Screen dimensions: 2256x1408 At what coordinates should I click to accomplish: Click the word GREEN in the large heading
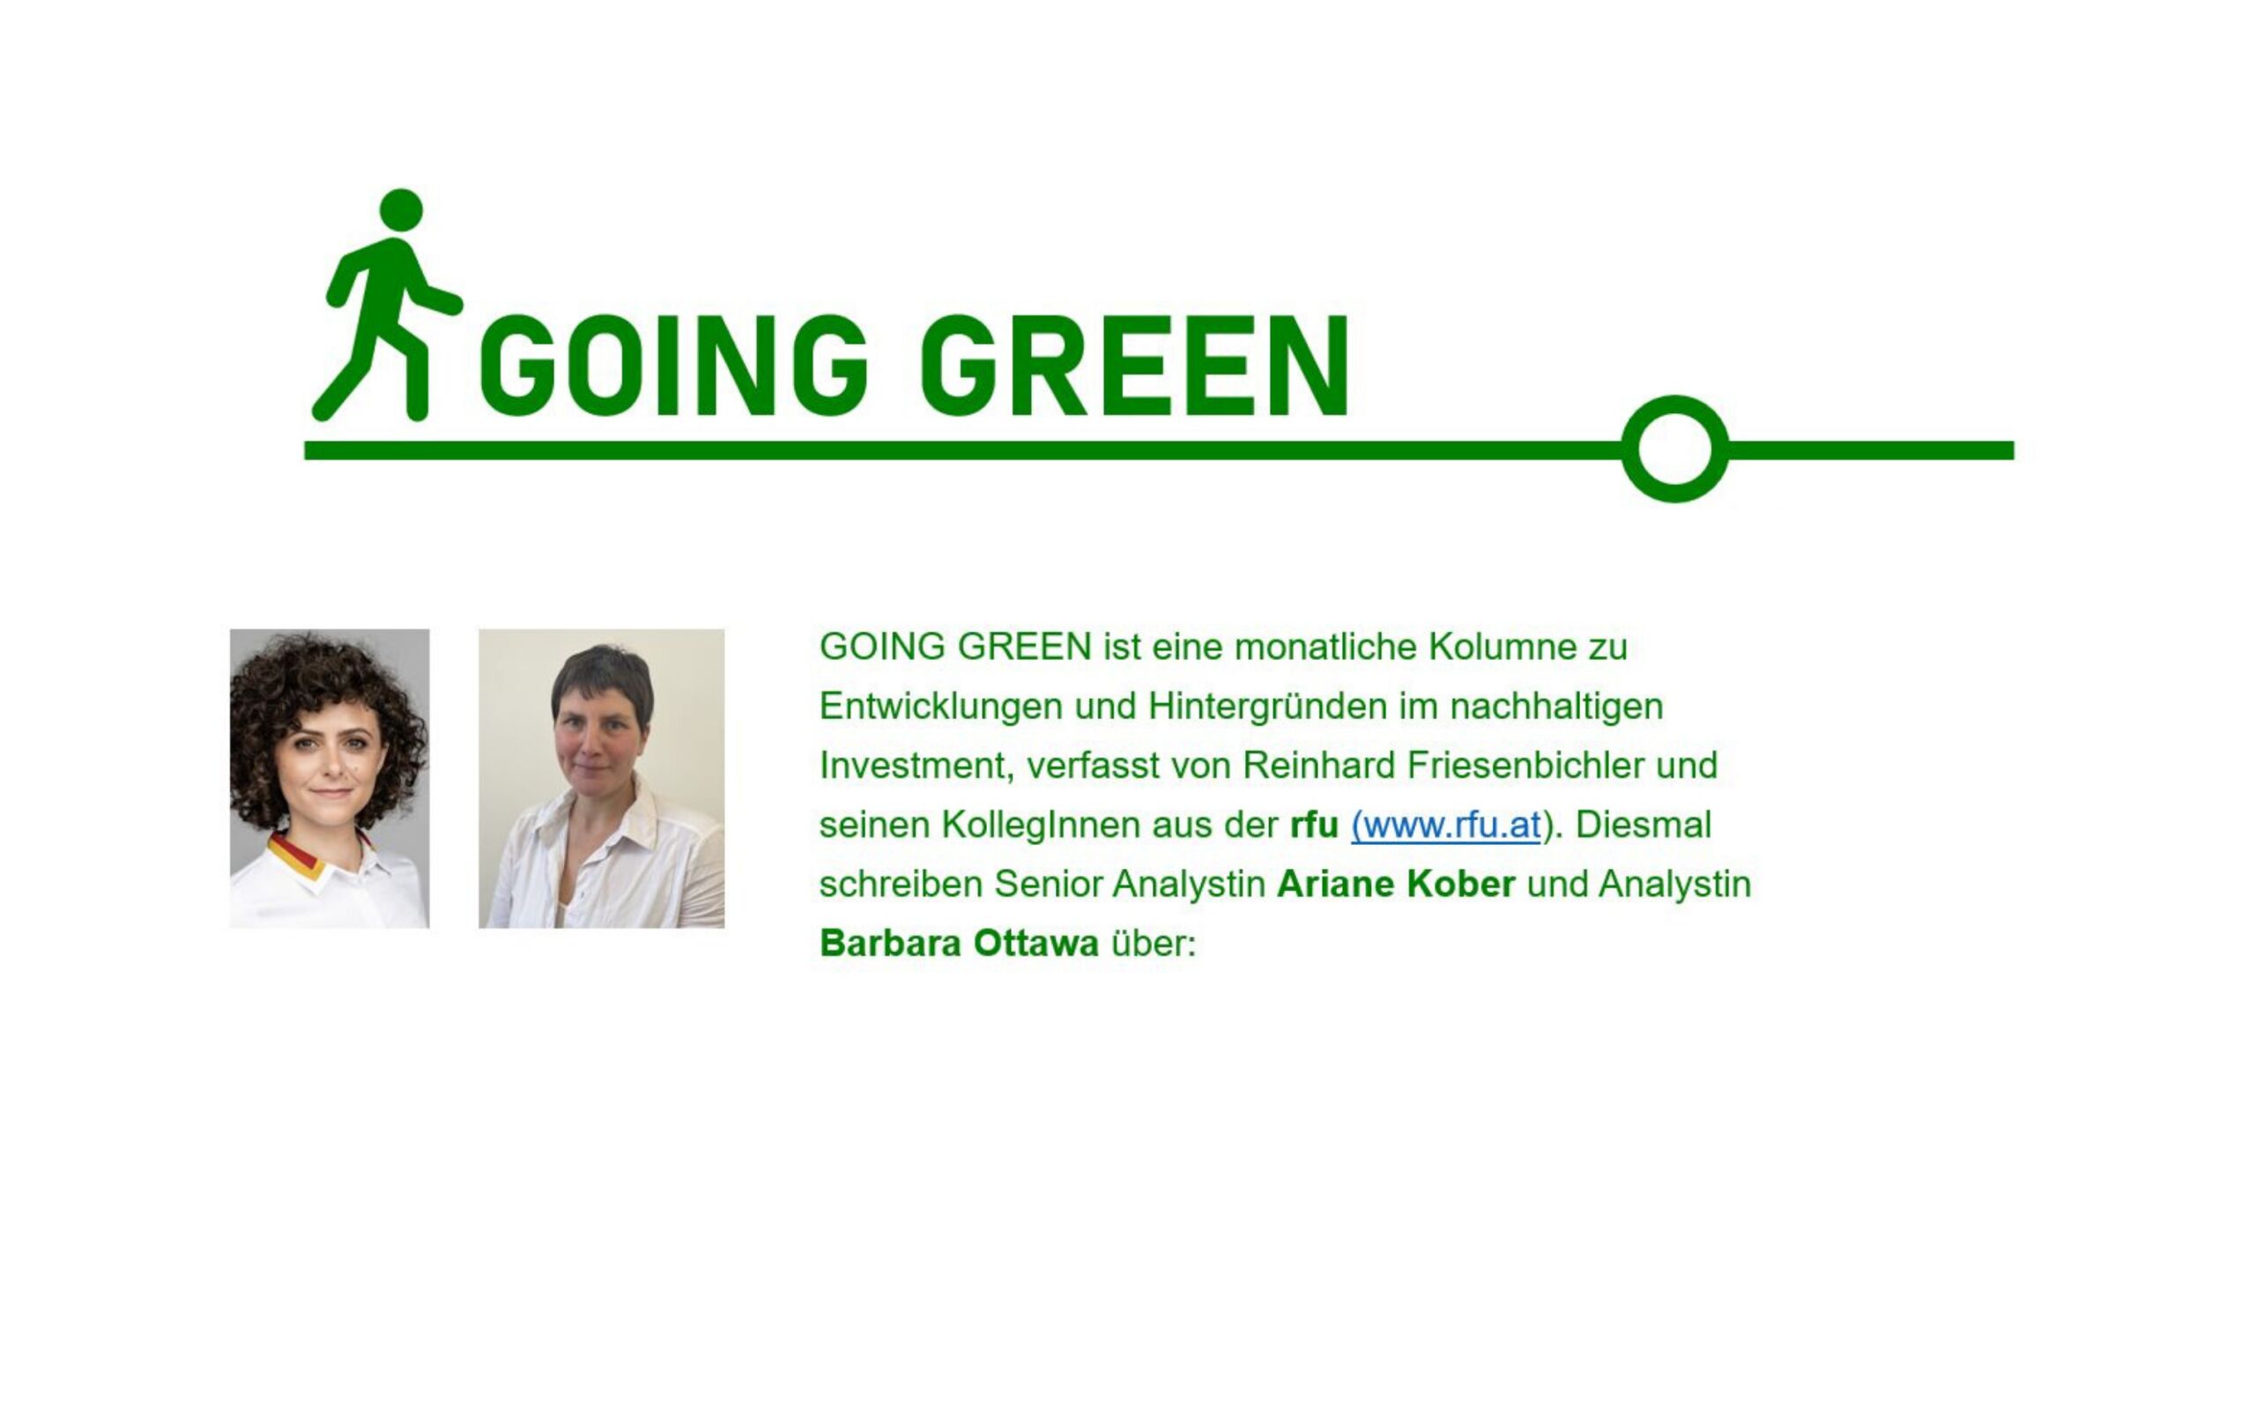[x=1139, y=366]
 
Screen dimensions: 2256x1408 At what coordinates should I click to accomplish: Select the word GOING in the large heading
[x=674, y=366]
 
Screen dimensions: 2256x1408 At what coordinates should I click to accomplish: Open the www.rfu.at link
[x=1446, y=825]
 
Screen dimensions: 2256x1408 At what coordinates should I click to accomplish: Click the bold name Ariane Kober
[x=1396, y=884]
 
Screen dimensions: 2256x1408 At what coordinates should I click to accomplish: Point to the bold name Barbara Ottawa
[x=959, y=944]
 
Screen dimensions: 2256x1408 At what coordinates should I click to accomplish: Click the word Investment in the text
[x=917, y=766]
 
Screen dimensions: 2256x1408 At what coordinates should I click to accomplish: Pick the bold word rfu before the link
[x=1314, y=825]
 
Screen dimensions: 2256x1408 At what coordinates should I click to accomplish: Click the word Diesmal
[x=1644, y=825]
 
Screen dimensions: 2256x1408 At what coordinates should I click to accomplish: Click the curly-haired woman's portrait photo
[x=330, y=779]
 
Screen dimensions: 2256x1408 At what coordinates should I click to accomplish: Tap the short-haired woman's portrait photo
[x=602, y=779]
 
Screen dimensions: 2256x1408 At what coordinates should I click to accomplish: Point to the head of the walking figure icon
[x=401, y=211]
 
